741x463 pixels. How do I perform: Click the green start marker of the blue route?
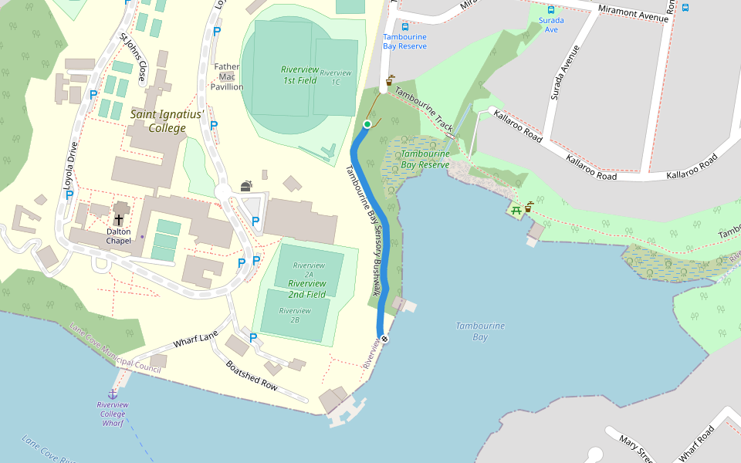click(x=367, y=124)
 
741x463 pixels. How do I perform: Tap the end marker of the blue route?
click(x=384, y=339)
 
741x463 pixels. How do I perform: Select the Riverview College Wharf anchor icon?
click(x=113, y=394)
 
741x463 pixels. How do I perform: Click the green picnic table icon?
click(x=515, y=208)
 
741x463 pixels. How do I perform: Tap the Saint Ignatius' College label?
click(x=167, y=120)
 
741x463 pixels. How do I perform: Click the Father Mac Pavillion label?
click(x=227, y=76)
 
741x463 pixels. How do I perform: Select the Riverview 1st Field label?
click(x=299, y=75)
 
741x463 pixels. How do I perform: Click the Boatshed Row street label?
click(x=251, y=374)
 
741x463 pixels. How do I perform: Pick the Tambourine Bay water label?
click(x=479, y=331)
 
